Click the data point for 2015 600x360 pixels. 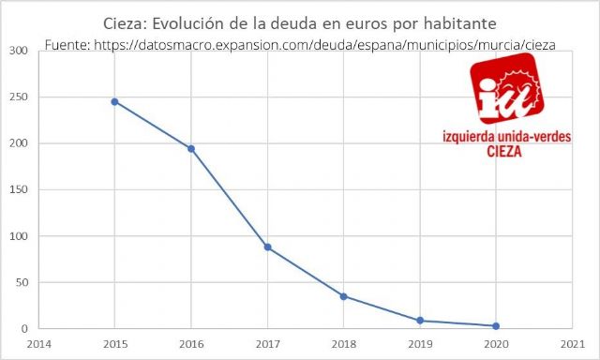click(x=114, y=101)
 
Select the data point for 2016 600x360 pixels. click(x=191, y=148)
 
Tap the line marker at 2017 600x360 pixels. click(x=267, y=247)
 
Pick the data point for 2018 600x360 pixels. click(x=343, y=296)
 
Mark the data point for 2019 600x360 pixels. click(x=420, y=321)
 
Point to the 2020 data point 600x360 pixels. click(x=496, y=326)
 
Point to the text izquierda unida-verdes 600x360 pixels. click(x=505, y=138)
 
